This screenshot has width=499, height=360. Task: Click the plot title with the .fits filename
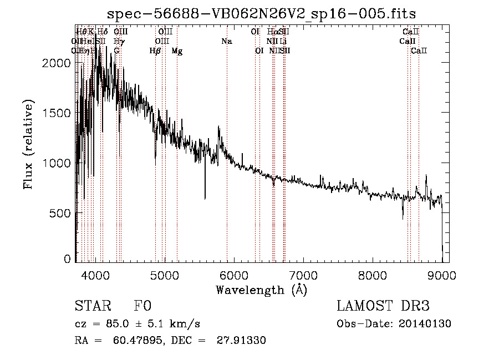261,13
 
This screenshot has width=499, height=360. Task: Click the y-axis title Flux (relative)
28,145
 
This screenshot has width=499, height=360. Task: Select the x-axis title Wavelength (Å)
261,289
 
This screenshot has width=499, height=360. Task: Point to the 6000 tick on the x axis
233,275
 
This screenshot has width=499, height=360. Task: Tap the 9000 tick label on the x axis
441,275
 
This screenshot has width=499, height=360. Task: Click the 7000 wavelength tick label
303,275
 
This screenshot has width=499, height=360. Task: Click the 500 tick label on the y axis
60,214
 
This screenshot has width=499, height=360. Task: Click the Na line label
226,42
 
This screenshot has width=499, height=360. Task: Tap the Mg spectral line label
177,51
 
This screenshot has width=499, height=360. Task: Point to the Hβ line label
155,51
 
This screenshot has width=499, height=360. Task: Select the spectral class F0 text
142,306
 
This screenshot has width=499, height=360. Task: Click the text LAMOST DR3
383,306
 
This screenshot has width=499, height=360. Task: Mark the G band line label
116,51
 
